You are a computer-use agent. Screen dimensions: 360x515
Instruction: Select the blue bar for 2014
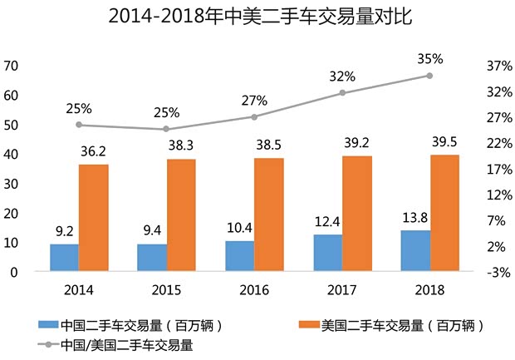pyautogui.click(x=64, y=257)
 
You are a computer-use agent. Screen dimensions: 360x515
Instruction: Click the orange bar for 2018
pyautogui.click(x=444, y=213)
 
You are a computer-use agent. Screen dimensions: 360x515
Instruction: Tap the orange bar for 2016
pyautogui.click(x=269, y=215)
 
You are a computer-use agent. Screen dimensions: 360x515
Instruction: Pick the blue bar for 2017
pyautogui.click(x=327, y=253)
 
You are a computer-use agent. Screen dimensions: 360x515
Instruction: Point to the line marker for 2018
pyautogui.click(x=429, y=76)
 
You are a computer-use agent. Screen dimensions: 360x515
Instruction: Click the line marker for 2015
pyautogui.click(x=166, y=129)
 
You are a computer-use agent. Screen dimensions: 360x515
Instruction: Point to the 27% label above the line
pyautogui.click(x=254, y=100)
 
